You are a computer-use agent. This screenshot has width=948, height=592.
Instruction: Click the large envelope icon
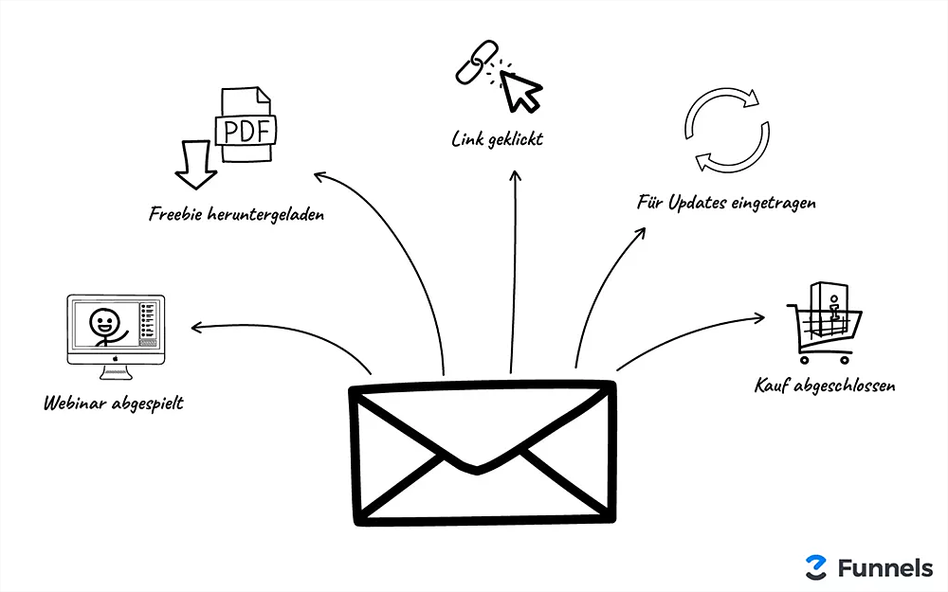coord(482,452)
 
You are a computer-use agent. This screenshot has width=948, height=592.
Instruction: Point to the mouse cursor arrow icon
coord(520,90)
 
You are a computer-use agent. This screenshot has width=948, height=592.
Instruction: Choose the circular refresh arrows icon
coord(723,129)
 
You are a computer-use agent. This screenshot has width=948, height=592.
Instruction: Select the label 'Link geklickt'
coord(497,140)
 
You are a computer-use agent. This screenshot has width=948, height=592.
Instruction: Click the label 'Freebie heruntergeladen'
coord(237,214)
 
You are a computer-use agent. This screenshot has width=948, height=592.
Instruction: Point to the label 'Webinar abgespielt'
coord(114,404)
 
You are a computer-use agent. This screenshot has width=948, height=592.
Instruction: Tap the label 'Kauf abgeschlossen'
coord(825,386)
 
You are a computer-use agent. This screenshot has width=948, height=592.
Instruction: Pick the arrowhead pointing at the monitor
coord(195,329)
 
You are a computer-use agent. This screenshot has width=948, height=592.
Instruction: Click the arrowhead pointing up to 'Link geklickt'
coord(516,175)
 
